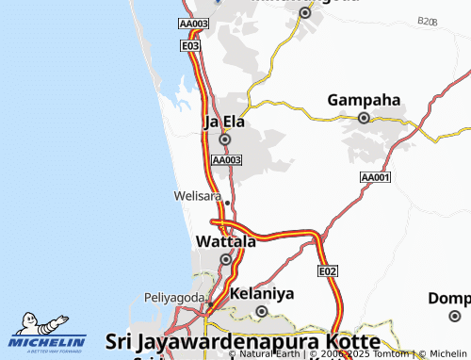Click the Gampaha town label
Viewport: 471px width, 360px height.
point(364,100)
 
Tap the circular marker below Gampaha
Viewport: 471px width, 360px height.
point(364,118)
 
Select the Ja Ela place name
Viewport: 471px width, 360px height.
point(224,122)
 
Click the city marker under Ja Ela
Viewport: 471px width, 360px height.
point(224,139)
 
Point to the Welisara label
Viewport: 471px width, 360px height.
point(196,196)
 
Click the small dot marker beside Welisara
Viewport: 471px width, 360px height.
point(226,201)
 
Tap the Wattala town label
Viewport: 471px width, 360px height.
point(225,241)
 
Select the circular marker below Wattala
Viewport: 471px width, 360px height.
point(225,259)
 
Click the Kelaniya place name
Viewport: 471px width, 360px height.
point(262,293)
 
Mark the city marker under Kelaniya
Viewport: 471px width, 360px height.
point(262,310)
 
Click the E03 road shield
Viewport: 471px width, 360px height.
point(191,45)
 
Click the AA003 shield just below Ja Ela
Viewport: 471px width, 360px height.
point(227,161)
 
